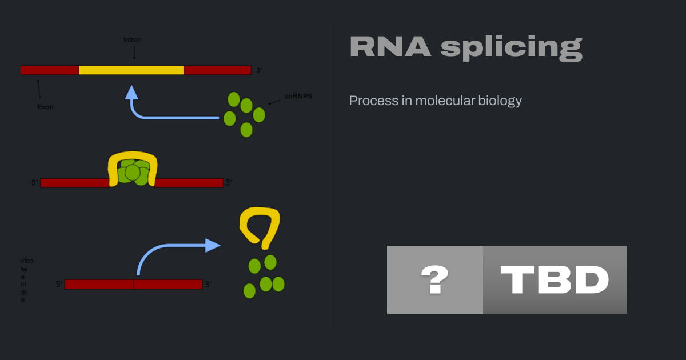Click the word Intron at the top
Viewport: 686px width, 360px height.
[x=133, y=40]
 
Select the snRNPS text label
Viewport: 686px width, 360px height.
[x=298, y=97]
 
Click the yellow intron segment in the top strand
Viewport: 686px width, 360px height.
[x=131, y=70]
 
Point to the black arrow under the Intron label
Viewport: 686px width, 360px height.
[x=134, y=53]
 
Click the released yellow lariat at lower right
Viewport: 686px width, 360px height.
[x=261, y=226]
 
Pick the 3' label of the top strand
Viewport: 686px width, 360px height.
[x=259, y=70]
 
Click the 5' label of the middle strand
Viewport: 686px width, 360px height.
[x=34, y=183]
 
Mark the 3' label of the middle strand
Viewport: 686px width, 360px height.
[x=229, y=183]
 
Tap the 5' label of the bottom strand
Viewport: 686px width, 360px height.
[x=59, y=284]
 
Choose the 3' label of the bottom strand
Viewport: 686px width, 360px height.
[x=208, y=284]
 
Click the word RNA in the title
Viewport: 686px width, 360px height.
[x=390, y=47]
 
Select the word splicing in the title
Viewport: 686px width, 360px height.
[x=511, y=48]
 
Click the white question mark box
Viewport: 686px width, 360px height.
[x=435, y=280]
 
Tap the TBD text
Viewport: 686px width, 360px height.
[x=555, y=280]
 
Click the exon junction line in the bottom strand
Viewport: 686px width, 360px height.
[x=133, y=284]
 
